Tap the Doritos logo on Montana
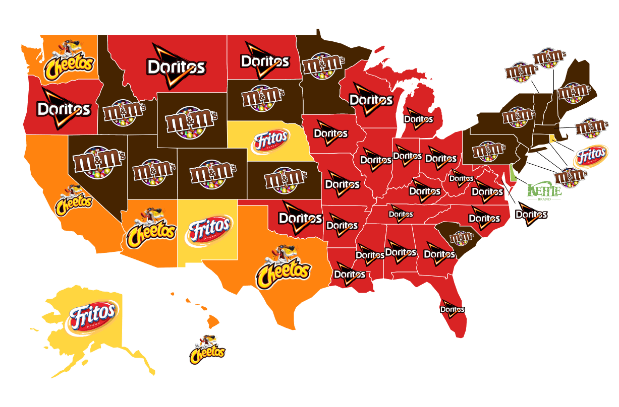176,66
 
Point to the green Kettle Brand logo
544,192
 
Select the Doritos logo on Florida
452,309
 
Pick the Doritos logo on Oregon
64,108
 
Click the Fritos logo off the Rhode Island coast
590,156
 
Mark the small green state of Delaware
514,173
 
